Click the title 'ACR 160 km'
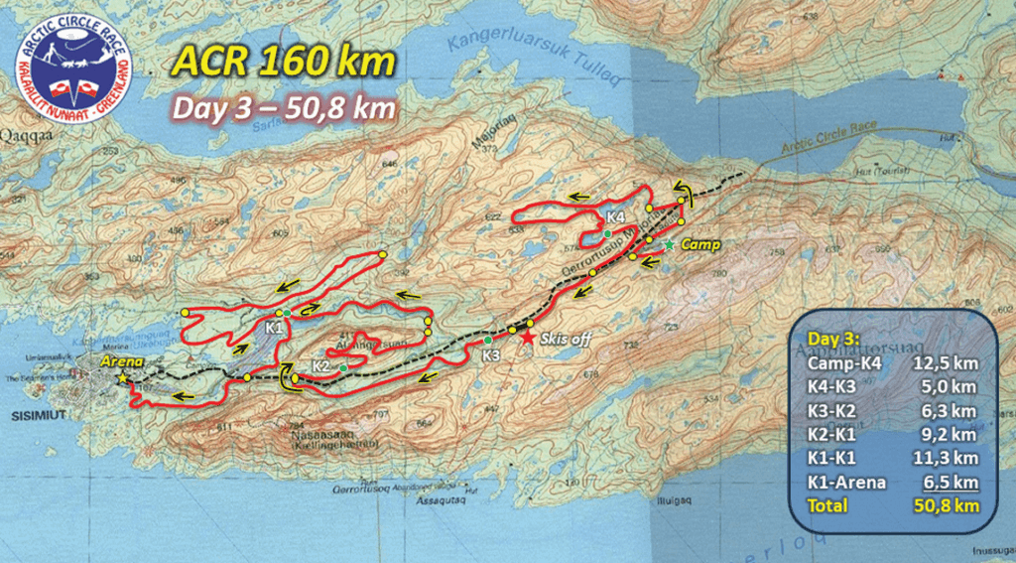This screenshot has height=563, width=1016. coord(284,64)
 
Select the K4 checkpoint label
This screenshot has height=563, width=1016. coord(615,216)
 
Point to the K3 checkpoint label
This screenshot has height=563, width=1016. coord(490,354)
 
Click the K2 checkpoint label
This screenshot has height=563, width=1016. coord(320,365)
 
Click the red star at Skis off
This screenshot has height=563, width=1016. coord(528,340)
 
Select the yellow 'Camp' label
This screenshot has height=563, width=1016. coord(698,243)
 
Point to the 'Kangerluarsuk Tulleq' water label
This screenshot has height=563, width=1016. coord(534,61)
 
